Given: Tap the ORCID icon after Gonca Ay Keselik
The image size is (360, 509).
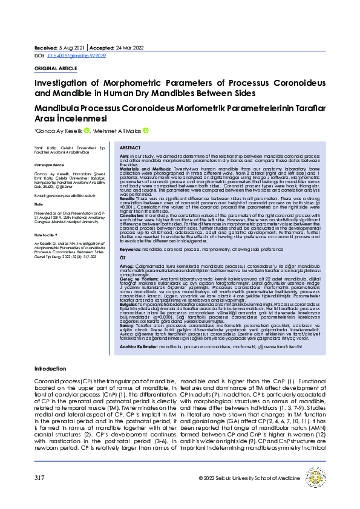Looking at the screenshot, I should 87,131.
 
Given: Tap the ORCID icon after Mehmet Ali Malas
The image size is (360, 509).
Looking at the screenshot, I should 145,131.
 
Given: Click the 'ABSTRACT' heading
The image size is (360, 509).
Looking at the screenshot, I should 130,148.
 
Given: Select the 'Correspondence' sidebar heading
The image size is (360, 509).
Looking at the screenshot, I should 49,164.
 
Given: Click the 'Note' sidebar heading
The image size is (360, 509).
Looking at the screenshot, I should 39,204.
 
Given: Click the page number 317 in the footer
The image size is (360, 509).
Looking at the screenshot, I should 40,478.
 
